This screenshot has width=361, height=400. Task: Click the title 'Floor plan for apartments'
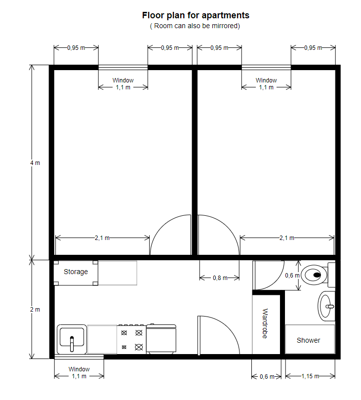click(196, 15)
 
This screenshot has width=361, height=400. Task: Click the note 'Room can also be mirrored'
click(195, 26)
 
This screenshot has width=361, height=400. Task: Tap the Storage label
click(76, 272)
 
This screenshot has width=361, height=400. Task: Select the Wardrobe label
click(265, 323)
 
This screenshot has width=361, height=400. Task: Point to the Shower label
click(308, 340)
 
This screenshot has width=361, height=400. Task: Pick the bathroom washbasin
click(326, 306)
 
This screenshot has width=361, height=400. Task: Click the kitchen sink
click(72, 339)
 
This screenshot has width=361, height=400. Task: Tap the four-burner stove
click(132, 339)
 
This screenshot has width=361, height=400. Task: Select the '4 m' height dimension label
click(35, 163)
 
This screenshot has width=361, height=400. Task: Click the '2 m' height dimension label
click(35, 310)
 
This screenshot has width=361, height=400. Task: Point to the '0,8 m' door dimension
click(220, 278)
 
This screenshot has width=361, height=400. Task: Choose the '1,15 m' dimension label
click(310, 376)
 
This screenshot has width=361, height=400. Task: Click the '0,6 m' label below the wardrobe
click(267, 377)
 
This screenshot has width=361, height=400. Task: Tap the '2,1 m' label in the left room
click(102, 238)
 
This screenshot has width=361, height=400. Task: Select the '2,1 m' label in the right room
click(287, 238)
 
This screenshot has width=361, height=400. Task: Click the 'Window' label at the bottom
click(79, 369)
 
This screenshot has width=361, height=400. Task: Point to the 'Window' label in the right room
click(266, 80)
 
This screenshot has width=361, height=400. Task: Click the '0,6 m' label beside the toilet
click(292, 276)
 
